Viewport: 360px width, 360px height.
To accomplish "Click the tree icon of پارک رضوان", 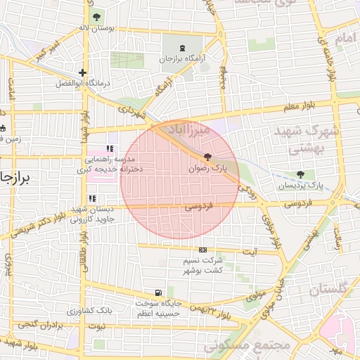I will [207, 157].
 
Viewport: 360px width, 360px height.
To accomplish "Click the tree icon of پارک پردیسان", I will [302, 174].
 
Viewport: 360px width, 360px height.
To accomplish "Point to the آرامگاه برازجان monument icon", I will [184, 47].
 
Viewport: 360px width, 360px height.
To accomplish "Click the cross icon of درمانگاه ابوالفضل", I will [83, 72].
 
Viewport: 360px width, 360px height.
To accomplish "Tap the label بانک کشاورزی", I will [90, 310].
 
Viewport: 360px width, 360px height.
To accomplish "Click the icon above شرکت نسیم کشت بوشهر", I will [203, 250].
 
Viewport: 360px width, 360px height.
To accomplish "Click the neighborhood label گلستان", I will [328, 289].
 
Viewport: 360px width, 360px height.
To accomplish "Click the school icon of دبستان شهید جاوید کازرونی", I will [92, 199].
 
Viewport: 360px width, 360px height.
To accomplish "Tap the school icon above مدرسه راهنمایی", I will [109, 149].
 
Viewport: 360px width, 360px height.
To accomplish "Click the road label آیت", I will [250, 251].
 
